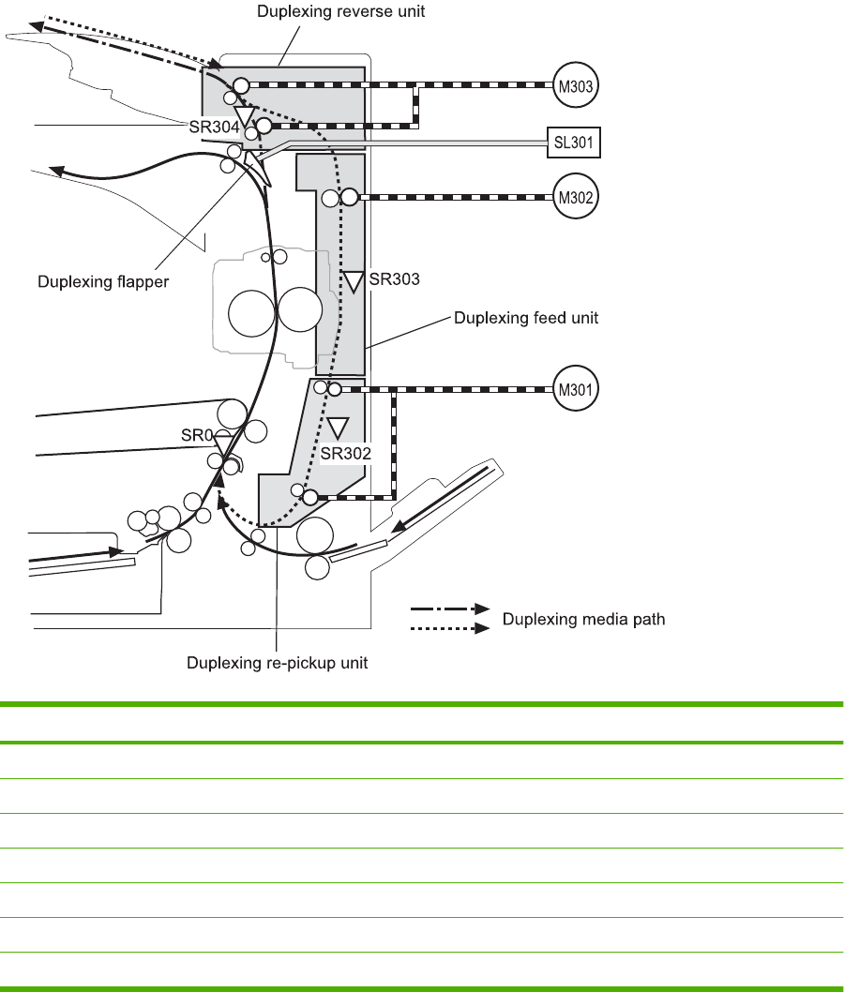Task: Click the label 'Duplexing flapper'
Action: click(x=103, y=280)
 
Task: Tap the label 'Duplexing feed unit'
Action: click(x=525, y=318)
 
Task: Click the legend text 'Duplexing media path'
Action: click(x=584, y=619)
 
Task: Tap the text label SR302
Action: click(x=345, y=453)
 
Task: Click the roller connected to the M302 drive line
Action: click(x=348, y=198)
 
